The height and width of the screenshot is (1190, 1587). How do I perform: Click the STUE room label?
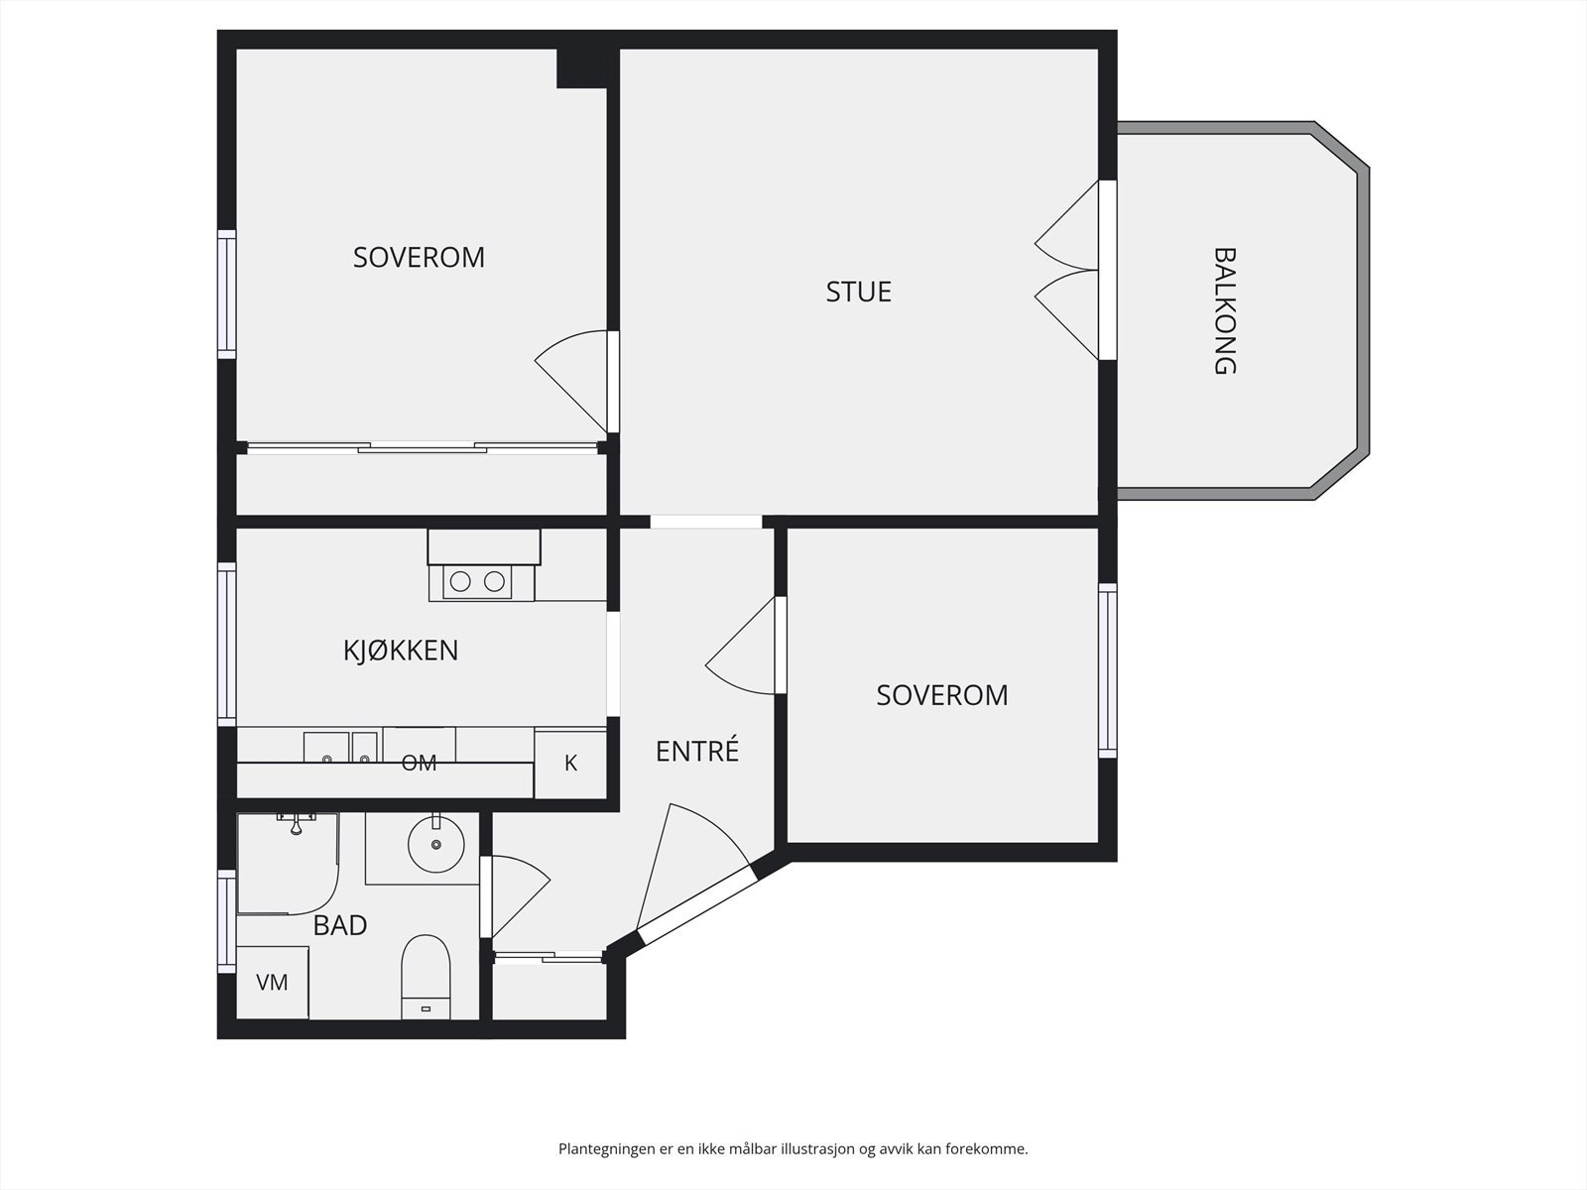pos(858,292)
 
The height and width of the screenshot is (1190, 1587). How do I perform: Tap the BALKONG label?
pos(1224,310)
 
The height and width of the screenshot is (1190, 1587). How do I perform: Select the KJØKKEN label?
pos(401,651)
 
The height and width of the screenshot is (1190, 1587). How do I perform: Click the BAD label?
pos(340,925)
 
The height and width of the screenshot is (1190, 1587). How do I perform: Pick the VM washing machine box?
pos(273,982)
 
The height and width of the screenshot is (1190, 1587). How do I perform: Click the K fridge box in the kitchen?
pos(570,765)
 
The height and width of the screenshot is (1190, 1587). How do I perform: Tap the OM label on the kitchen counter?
pos(419,763)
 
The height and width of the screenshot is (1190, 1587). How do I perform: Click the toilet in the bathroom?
pos(426,977)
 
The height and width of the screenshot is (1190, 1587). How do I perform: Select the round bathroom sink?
pos(436,844)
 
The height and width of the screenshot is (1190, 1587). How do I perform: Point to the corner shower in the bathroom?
pos(288,864)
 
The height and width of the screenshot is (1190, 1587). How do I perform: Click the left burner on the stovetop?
pos(460,581)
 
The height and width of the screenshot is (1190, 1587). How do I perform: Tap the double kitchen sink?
pos(340,747)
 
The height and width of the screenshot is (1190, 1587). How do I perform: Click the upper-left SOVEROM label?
pos(419,257)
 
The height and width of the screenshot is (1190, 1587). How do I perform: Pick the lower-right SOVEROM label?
pos(942,695)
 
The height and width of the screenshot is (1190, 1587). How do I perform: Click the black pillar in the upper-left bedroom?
pos(581,67)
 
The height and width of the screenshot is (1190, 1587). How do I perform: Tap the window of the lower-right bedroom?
pos(1108,669)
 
